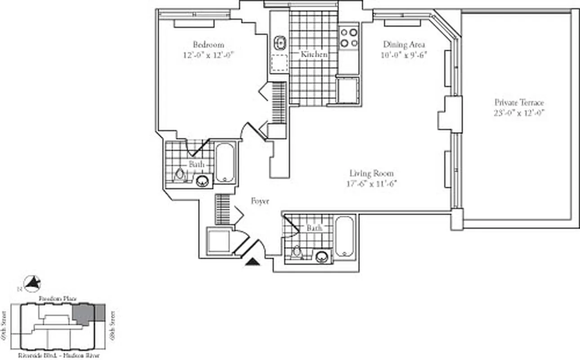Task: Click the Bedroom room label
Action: [x=208, y=45]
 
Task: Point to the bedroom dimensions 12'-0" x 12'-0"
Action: [x=208, y=55]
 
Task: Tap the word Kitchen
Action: [x=314, y=54]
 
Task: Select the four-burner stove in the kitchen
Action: [x=348, y=38]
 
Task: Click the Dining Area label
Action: [x=404, y=45]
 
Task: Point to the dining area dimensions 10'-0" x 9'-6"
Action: [x=404, y=55]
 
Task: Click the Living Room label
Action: [x=371, y=173]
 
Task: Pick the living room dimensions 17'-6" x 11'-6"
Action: [x=371, y=184]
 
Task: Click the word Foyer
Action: [x=260, y=201]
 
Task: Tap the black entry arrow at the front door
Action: [x=253, y=261]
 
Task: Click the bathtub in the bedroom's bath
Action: [x=225, y=162]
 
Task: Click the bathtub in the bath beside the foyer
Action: [x=345, y=237]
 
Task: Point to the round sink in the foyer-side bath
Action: [x=321, y=257]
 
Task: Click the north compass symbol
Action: [x=32, y=283]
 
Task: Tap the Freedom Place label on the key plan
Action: [x=58, y=299]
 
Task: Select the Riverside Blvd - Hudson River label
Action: [x=59, y=355]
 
